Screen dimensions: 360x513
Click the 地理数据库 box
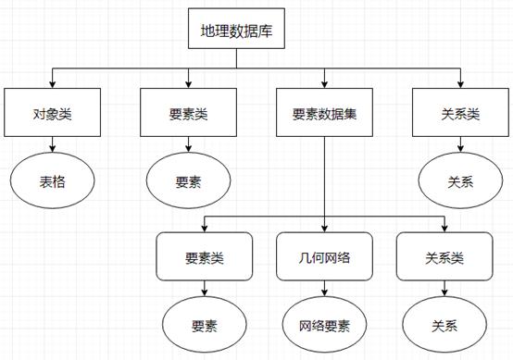click(x=236, y=31)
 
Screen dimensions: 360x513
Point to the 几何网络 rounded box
click(x=324, y=255)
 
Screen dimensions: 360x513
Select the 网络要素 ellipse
click(x=324, y=325)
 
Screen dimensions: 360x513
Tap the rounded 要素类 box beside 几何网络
click(x=204, y=255)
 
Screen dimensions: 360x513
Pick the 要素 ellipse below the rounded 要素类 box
click(x=204, y=325)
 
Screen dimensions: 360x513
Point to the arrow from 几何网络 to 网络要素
click(x=324, y=289)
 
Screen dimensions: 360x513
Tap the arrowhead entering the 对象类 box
click(x=53, y=83)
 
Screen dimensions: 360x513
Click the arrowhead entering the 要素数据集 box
click(x=324, y=83)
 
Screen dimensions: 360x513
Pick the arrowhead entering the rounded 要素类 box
click(x=204, y=228)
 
